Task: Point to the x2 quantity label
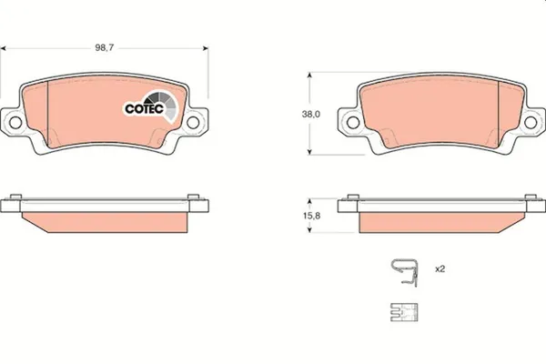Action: [x=439, y=269]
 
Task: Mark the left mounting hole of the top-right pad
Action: [x=347, y=121]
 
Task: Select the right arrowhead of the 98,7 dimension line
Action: [x=206, y=45]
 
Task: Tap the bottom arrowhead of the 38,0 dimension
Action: [x=312, y=153]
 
